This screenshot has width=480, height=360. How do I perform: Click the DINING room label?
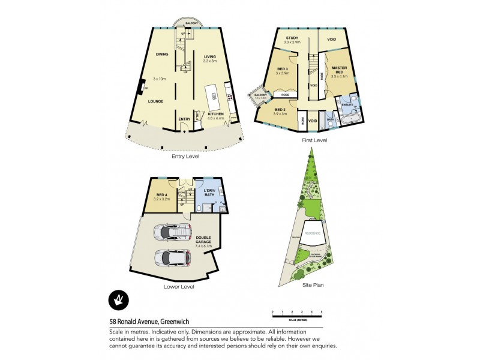162,55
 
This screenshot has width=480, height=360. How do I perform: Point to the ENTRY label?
185,119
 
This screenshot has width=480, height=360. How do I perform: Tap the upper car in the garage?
173,231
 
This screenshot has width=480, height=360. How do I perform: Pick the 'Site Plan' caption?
313,286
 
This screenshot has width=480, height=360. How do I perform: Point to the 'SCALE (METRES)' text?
296,319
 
